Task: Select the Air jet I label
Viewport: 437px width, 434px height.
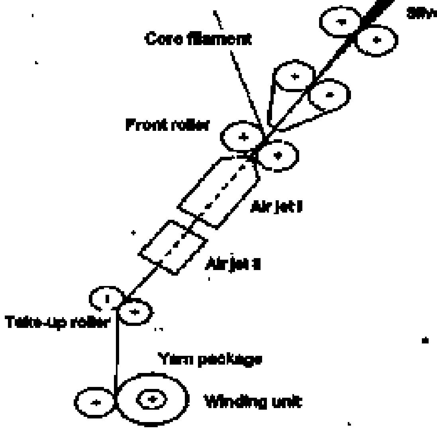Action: click(275, 207)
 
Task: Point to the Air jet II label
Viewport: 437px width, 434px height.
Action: click(233, 264)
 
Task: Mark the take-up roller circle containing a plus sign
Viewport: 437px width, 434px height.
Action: click(135, 311)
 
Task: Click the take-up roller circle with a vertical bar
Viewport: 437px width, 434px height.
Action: click(106, 298)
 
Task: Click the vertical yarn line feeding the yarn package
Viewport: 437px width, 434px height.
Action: click(116, 351)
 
